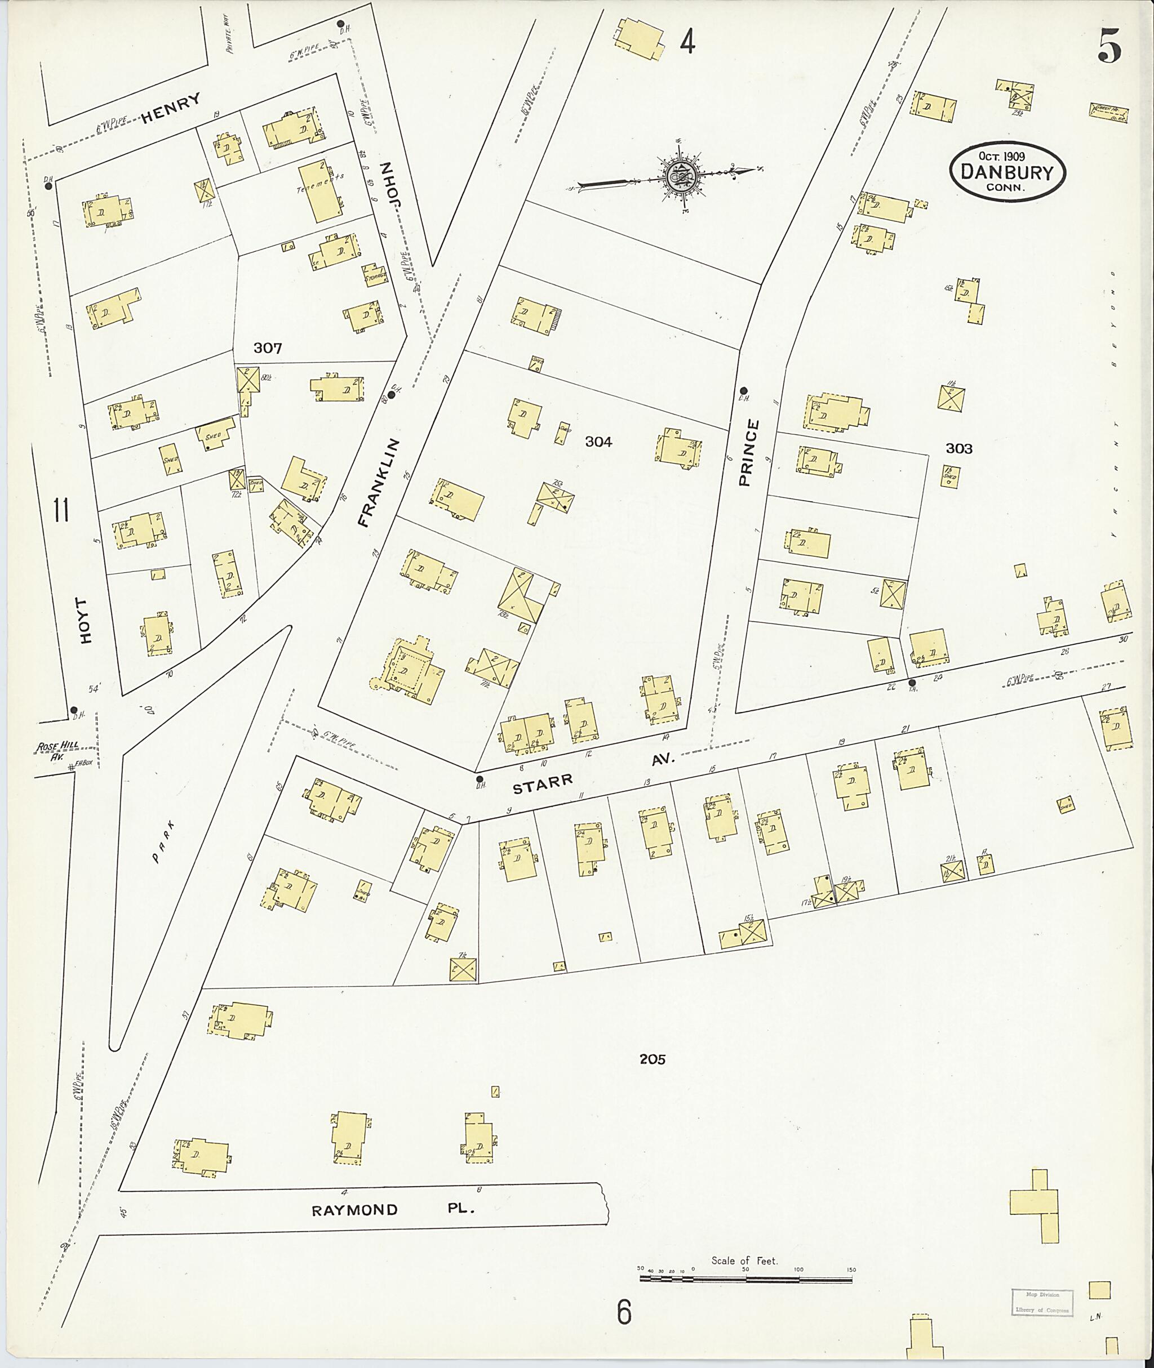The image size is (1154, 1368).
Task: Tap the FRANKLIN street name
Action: click(379, 483)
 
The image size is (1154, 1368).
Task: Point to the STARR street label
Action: click(543, 783)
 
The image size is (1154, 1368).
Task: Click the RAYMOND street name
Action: click(354, 1210)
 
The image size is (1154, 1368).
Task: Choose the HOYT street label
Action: click(85, 620)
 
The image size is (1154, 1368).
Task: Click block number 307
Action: click(268, 348)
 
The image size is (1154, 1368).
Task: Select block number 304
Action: click(598, 442)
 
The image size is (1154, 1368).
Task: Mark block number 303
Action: click(958, 449)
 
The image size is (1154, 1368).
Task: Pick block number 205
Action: click(653, 1059)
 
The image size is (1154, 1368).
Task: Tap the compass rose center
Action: click(680, 175)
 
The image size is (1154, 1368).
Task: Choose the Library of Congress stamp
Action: click(1041, 1302)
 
